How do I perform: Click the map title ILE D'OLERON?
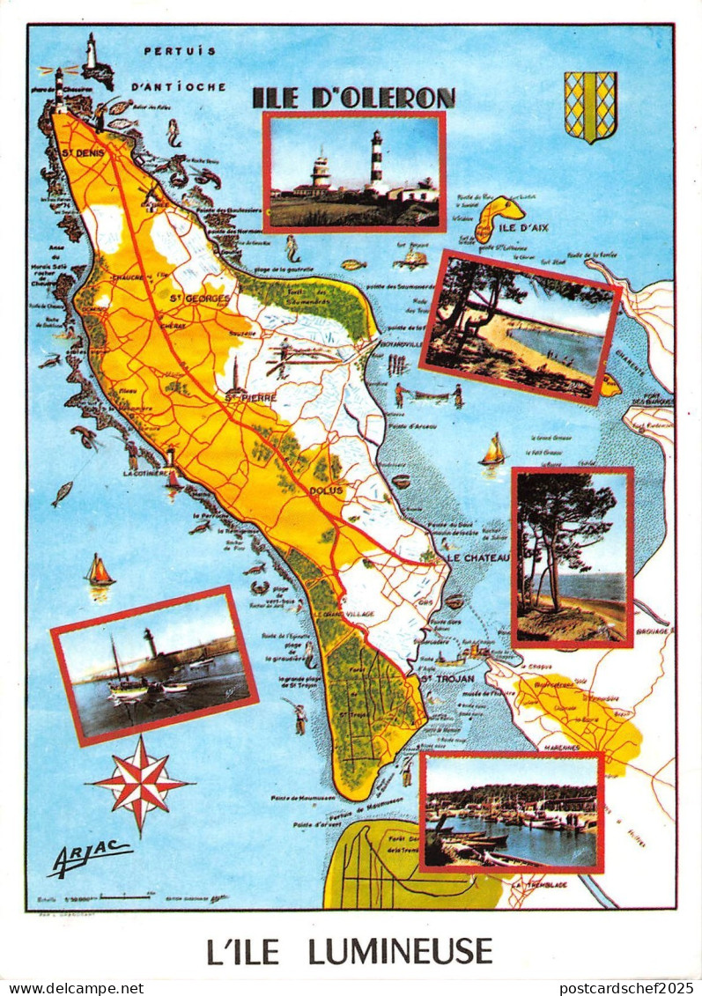pyautogui.click(x=353, y=98)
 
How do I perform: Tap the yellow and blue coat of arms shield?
pyautogui.click(x=590, y=106)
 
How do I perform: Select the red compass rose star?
pyautogui.click(x=140, y=784)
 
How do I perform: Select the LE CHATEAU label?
pyautogui.click(x=477, y=558)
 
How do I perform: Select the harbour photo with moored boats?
pyautogui.click(x=511, y=812)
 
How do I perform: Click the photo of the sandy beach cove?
pyautogui.click(x=520, y=327)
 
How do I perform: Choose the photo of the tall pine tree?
pyautogui.click(x=572, y=557)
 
